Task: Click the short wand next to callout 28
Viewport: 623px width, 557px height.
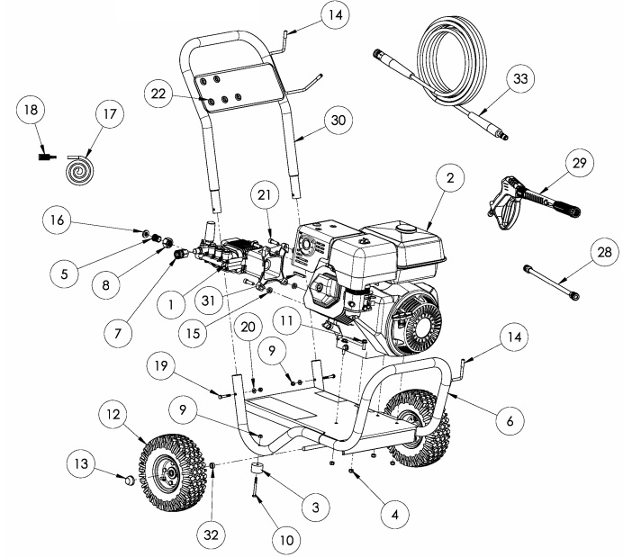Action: point(549,283)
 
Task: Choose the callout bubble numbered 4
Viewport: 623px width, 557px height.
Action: point(389,517)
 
